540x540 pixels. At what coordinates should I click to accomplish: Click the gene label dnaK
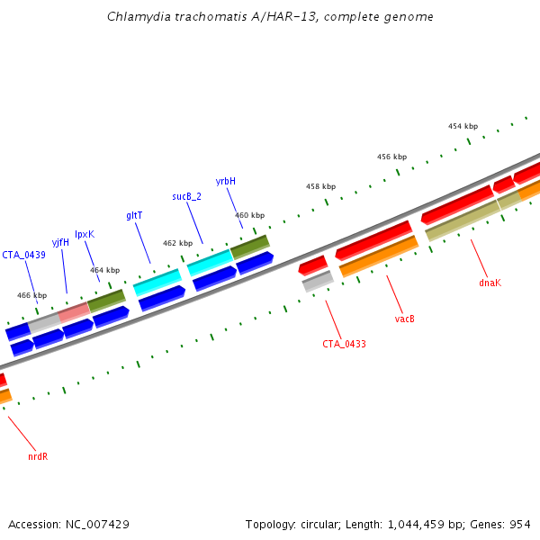point(490,283)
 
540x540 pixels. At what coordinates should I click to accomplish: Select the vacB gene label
point(404,319)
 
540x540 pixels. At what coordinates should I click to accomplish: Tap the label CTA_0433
point(344,344)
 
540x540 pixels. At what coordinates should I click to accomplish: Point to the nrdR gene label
point(38,456)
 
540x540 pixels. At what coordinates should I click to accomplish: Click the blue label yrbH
point(226,181)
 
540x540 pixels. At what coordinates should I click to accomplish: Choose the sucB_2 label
point(187,196)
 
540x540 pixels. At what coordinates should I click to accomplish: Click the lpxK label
point(85,234)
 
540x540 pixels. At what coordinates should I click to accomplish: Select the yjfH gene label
point(60,242)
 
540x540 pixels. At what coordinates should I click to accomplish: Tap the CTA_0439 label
point(23,255)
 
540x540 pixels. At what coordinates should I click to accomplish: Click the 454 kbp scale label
point(463,126)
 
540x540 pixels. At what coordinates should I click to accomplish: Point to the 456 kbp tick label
point(391,157)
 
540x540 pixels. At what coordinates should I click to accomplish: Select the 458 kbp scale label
point(320,186)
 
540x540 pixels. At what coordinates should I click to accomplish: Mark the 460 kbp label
point(249,215)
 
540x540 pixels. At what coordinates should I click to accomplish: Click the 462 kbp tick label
point(177,243)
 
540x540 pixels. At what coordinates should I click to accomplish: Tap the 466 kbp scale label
point(31,295)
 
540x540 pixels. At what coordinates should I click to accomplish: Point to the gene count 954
point(519,524)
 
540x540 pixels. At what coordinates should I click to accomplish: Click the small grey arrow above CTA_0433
point(318,282)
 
